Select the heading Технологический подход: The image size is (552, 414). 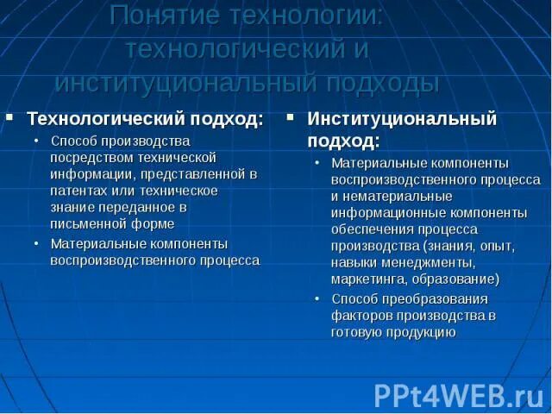[x=145, y=118]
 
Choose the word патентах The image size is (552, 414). [x=77, y=190]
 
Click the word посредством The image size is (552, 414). [x=85, y=157]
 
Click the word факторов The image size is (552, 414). [x=362, y=315]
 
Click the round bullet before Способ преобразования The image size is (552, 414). [x=317, y=298]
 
